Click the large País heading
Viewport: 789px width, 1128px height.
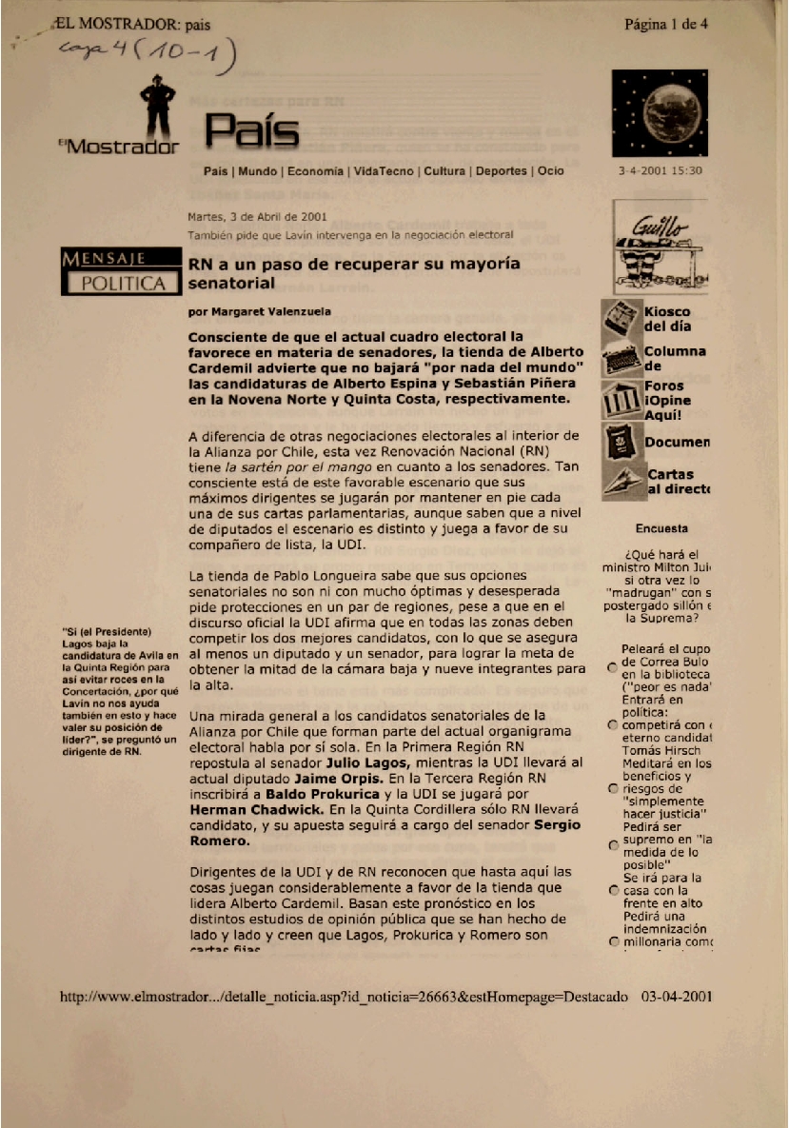click(x=252, y=133)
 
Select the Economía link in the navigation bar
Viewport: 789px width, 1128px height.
click(x=315, y=171)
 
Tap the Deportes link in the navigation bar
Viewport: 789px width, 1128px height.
click(x=501, y=171)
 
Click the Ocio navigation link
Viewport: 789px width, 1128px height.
click(x=550, y=171)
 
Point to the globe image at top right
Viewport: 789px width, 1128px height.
click(x=660, y=112)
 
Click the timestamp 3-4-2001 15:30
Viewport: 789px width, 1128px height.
click(x=660, y=171)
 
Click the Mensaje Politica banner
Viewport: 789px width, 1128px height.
click(x=120, y=270)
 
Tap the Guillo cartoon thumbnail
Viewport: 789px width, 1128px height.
click(x=660, y=250)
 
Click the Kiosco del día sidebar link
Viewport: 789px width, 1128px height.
click(x=666, y=319)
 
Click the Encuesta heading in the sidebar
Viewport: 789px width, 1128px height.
click(x=661, y=528)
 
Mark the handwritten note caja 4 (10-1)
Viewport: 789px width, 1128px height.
click(x=148, y=59)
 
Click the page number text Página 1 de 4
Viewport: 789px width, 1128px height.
click(x=666, y=24)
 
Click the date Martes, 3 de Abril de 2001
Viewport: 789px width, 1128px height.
click(x=258, y=216)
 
